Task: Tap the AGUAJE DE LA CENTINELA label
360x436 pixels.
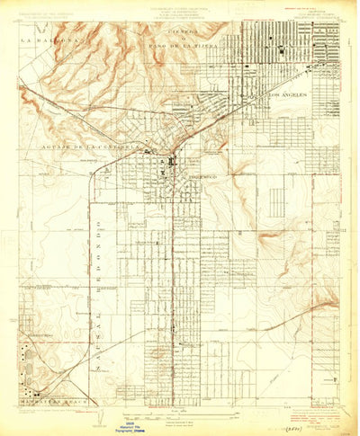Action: tap(88, 147)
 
